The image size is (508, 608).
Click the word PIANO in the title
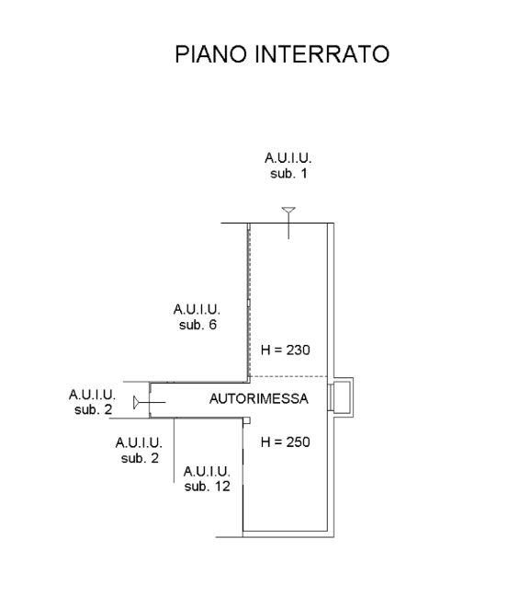[x=210, y=54]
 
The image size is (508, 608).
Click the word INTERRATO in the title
[x=322, y=54]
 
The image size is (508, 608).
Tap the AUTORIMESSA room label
[x=259, y=398]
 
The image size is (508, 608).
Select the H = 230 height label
[x=286, y=350]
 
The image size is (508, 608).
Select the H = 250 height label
[x=286, y=442]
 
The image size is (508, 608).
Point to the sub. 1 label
[x=288, y=173]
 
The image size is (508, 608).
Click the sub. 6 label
[x=198, y=325]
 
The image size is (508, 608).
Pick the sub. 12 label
[x=207, y=486]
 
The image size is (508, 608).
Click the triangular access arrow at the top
[x=288, y=211]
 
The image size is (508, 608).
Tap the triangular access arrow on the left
[x=136, y=403]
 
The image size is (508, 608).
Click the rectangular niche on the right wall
[x=341, y=397]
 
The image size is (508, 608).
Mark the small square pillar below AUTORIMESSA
[x=246, y=420]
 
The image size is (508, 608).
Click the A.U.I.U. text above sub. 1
[x=288, y=158]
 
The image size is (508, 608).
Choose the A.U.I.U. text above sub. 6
[x=197, y=309]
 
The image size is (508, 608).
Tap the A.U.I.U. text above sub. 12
[x=207, y=472]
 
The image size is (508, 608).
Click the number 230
[x=299, y=350]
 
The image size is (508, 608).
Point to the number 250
[x=299, y=442]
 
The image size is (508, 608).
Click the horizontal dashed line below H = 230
[x=288, y=376]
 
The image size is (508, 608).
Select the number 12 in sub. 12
[x=222, y=486]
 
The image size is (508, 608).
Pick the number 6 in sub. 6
[x=213, y=325]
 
